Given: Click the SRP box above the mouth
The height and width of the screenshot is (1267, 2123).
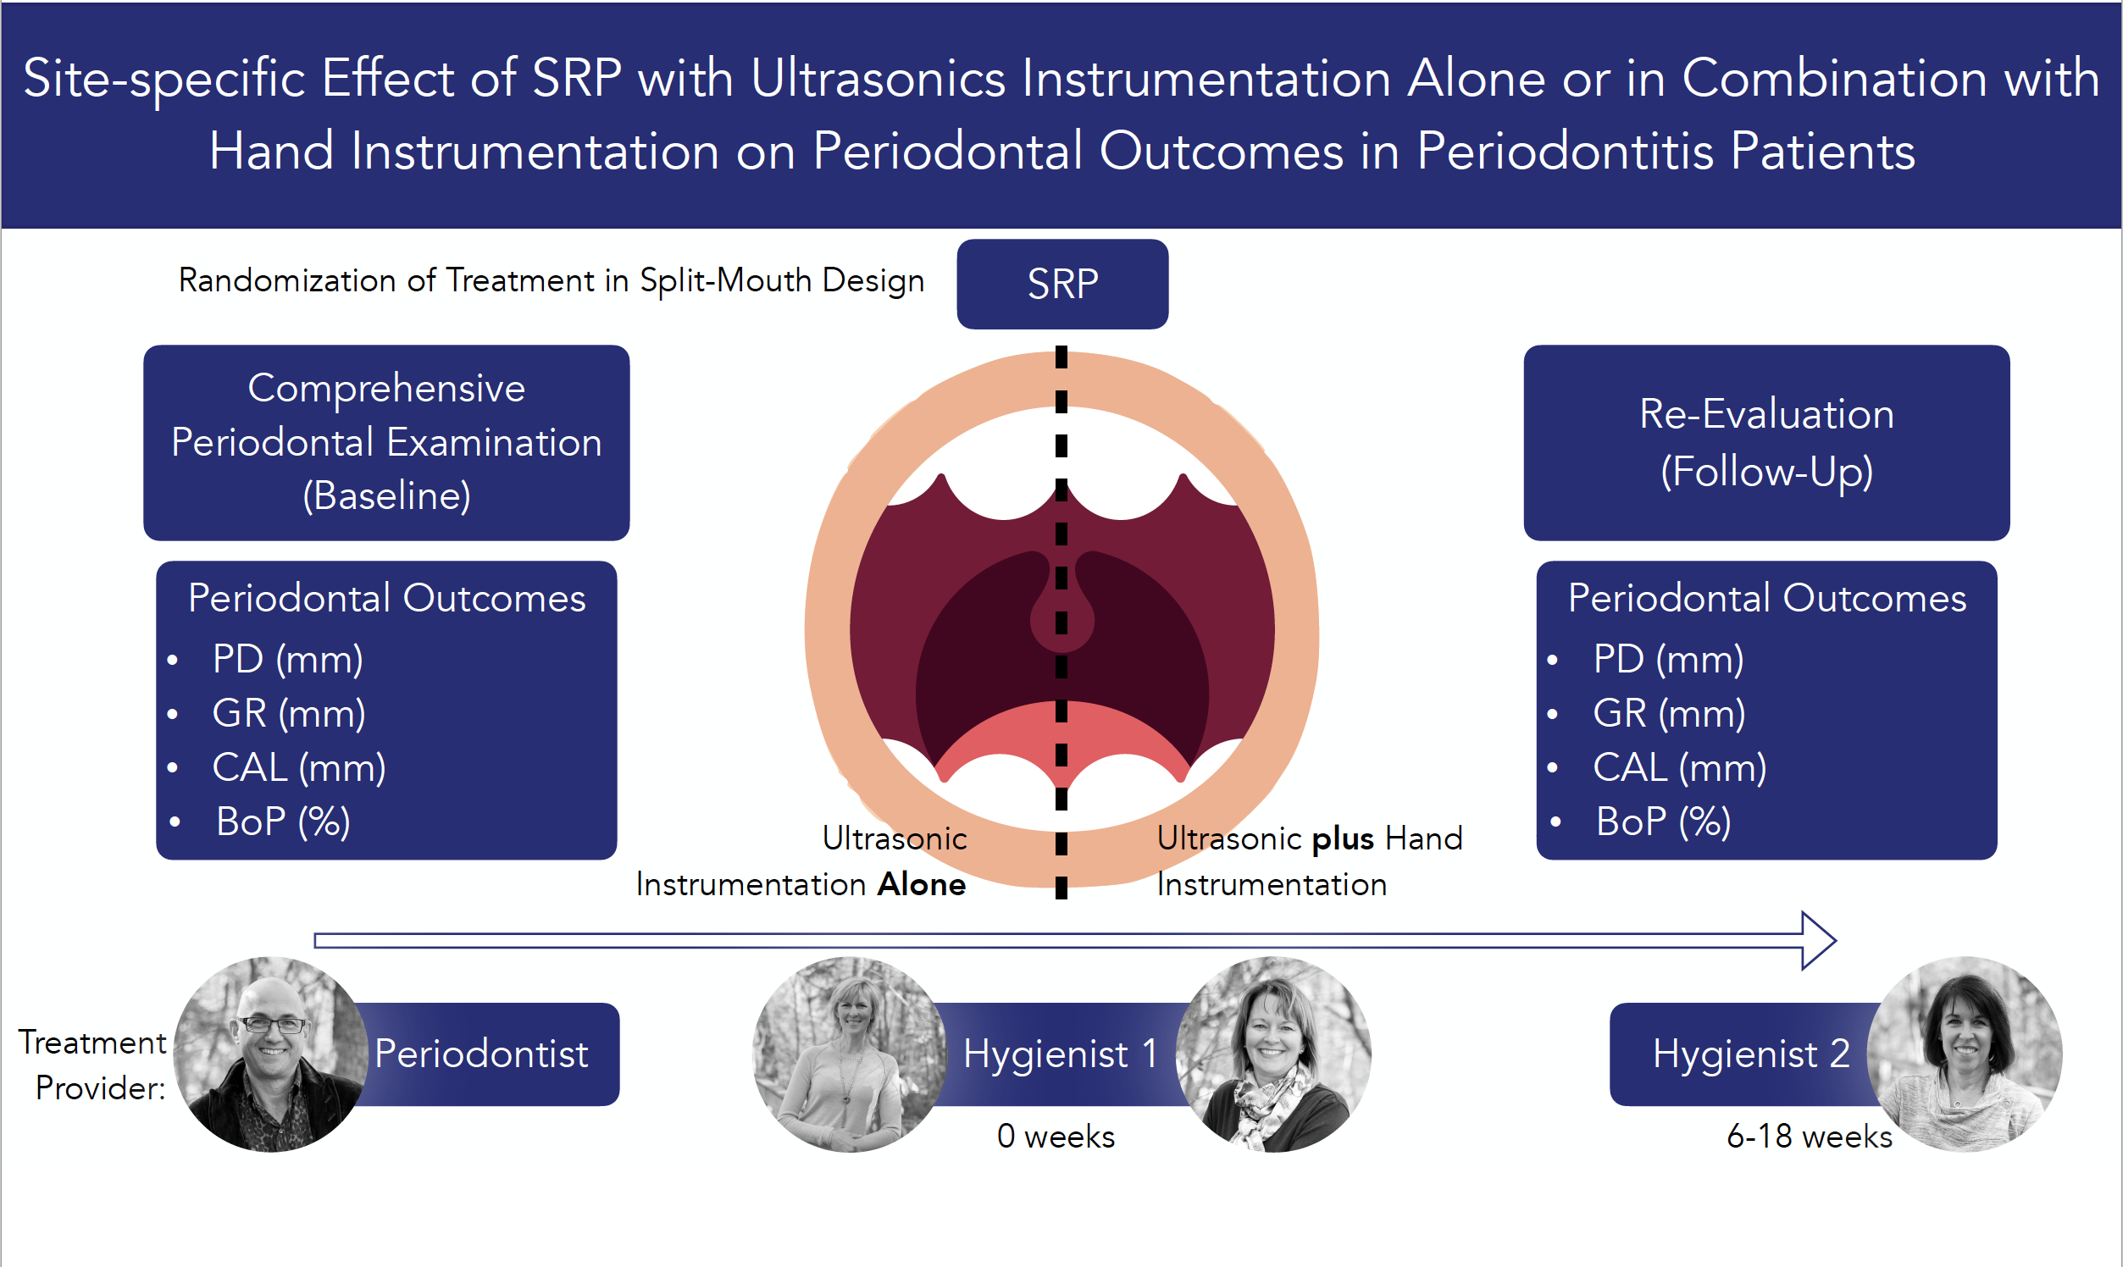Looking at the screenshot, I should coord(1062,284).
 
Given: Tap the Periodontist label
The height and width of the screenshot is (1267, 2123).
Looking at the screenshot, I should coord(481,1054).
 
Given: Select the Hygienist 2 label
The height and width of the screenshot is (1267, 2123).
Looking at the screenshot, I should coord(1750,1054).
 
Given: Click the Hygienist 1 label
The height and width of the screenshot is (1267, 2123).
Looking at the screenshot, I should coord(1060,1054).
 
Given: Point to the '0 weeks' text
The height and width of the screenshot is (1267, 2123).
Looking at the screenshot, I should coord(1056,1137).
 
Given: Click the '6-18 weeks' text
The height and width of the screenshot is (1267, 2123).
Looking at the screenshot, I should coord(1809,1137).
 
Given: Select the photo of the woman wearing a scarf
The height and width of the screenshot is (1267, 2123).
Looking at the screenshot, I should coord(1273,1054).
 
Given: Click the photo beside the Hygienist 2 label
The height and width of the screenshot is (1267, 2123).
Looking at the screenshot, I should coord(1965,1054).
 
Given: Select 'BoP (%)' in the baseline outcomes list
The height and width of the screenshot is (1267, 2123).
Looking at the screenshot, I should coord(283,822).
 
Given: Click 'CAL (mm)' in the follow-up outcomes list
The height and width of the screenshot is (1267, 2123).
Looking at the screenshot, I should coord(1679,766).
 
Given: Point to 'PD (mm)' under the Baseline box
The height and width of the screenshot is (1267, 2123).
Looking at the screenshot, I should coord(288,658).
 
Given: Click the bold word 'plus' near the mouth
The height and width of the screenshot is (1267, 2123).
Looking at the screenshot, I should coord(1343,839).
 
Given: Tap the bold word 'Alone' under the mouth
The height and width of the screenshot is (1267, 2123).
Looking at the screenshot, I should coord(922,884).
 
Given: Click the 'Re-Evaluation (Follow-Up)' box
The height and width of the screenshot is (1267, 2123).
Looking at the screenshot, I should coord(1766,442).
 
